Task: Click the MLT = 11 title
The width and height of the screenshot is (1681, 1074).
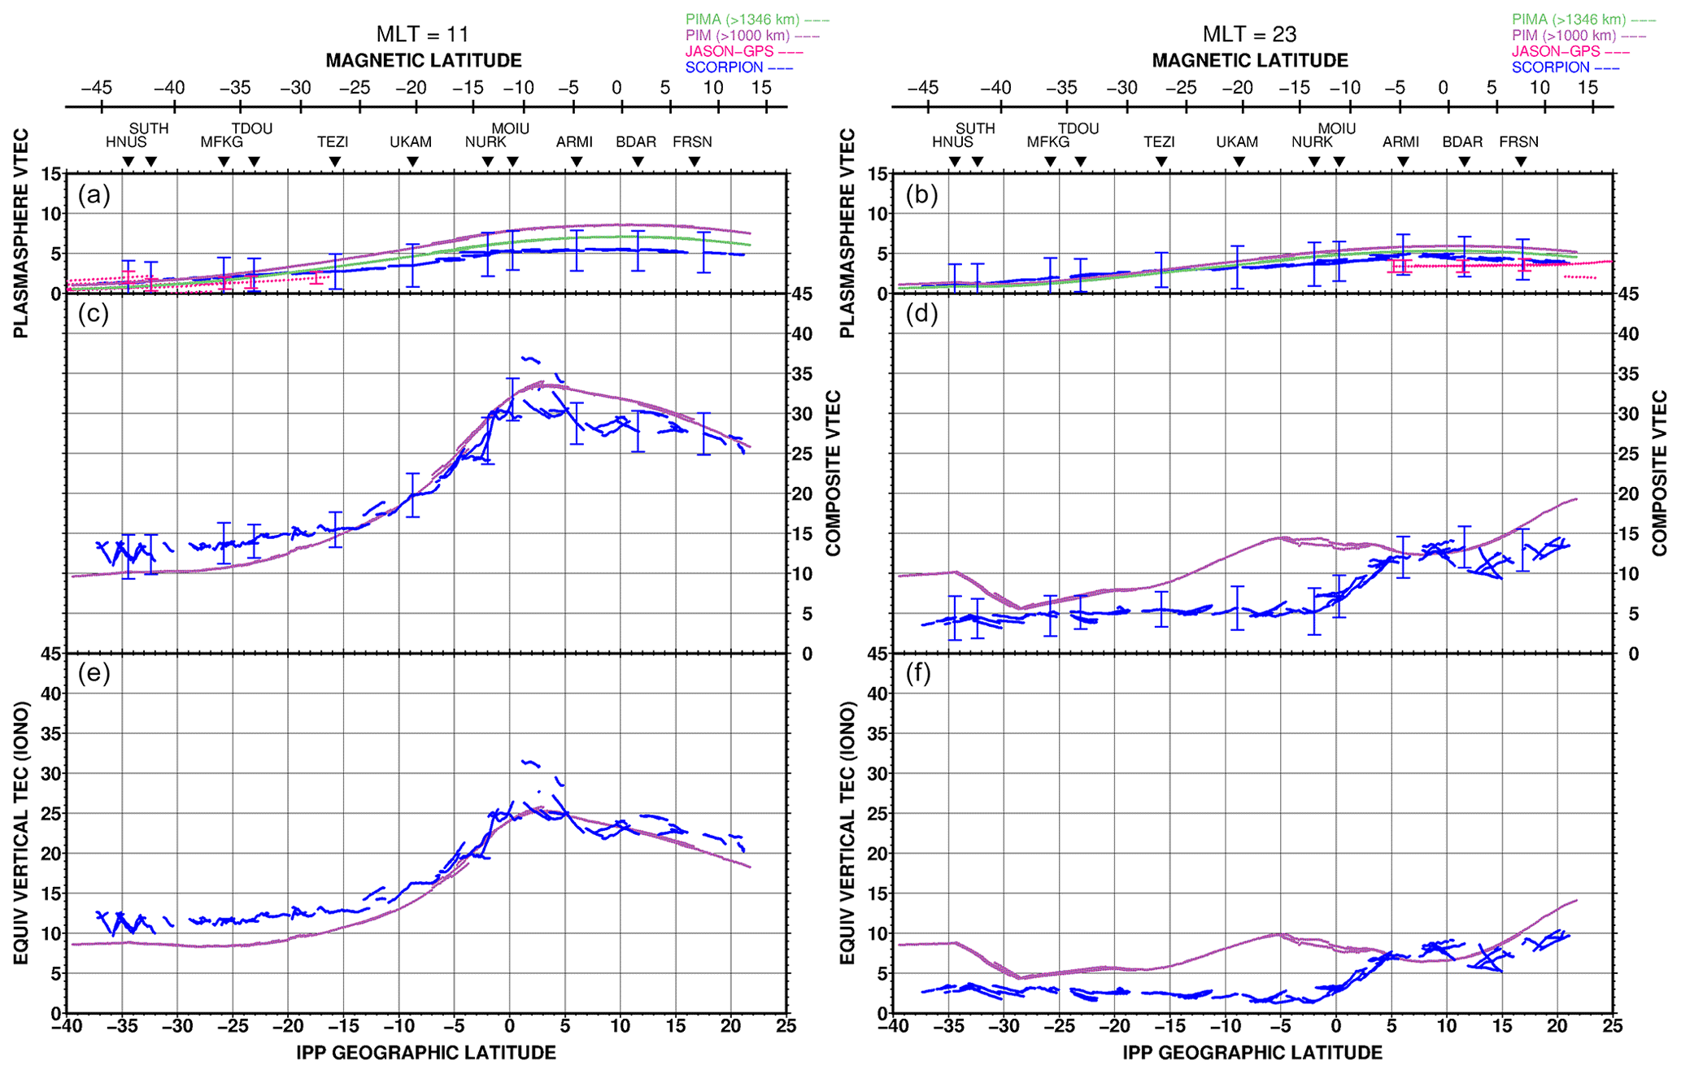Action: (x=423, y=34)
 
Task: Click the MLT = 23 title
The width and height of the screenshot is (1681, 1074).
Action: (x=1249, y=34)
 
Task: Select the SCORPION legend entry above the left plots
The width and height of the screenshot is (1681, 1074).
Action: (x=725, y=67)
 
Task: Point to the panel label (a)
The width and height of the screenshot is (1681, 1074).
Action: (x=94, y=195)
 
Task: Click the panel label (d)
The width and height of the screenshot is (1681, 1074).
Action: (x=921, y=314)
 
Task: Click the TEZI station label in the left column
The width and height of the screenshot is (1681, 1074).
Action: (x=333, y=142)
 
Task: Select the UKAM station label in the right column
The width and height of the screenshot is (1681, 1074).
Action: (x=1237, y=142)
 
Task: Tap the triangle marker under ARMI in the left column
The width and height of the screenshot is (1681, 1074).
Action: (x=577, y=163)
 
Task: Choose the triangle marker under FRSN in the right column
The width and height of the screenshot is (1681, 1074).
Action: (x=1521, y=163)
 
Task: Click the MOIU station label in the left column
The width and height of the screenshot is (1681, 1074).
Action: (x=510, y=128)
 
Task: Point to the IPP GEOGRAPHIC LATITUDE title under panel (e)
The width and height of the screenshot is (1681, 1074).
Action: (x=425, y=1053)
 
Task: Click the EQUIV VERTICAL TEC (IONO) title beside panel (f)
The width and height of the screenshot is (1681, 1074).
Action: (x=847, y=833)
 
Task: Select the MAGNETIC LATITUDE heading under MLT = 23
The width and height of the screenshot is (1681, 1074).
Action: (x=1250, y=61)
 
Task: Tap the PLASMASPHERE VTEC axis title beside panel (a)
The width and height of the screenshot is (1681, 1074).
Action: (x=20, y=233)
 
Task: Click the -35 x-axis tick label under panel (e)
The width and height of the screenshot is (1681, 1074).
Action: (x=122, y=1026)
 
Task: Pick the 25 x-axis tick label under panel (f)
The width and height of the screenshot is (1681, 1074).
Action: (x=1613, y=1026)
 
